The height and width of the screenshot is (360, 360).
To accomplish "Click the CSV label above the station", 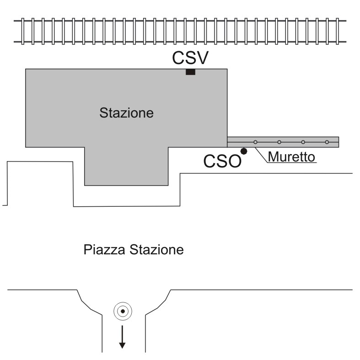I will [x=190, y=58].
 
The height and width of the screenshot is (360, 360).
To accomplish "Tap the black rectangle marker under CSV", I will [x=190, y=72].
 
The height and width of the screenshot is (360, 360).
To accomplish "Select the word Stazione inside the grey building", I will [x=126, y=113].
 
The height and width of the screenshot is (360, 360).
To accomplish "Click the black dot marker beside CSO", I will [x=244, y=150].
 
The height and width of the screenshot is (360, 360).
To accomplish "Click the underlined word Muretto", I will [x=291, y=157].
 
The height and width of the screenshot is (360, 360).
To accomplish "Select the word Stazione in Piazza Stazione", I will [x=157, y=250].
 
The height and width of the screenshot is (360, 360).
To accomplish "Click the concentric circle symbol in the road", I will [x=122, y=312].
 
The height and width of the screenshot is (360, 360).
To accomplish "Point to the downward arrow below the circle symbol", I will [x=122, y=338].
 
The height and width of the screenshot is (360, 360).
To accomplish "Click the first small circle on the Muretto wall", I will [x=255, y=142].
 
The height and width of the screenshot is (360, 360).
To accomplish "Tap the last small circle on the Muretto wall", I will [x=327, y=142].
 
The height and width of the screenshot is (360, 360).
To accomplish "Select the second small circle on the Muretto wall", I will [x=279, y=142].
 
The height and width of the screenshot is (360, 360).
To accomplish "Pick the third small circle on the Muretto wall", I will [x=303, y=142].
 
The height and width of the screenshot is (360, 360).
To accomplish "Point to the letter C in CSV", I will [x=178, y=58].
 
